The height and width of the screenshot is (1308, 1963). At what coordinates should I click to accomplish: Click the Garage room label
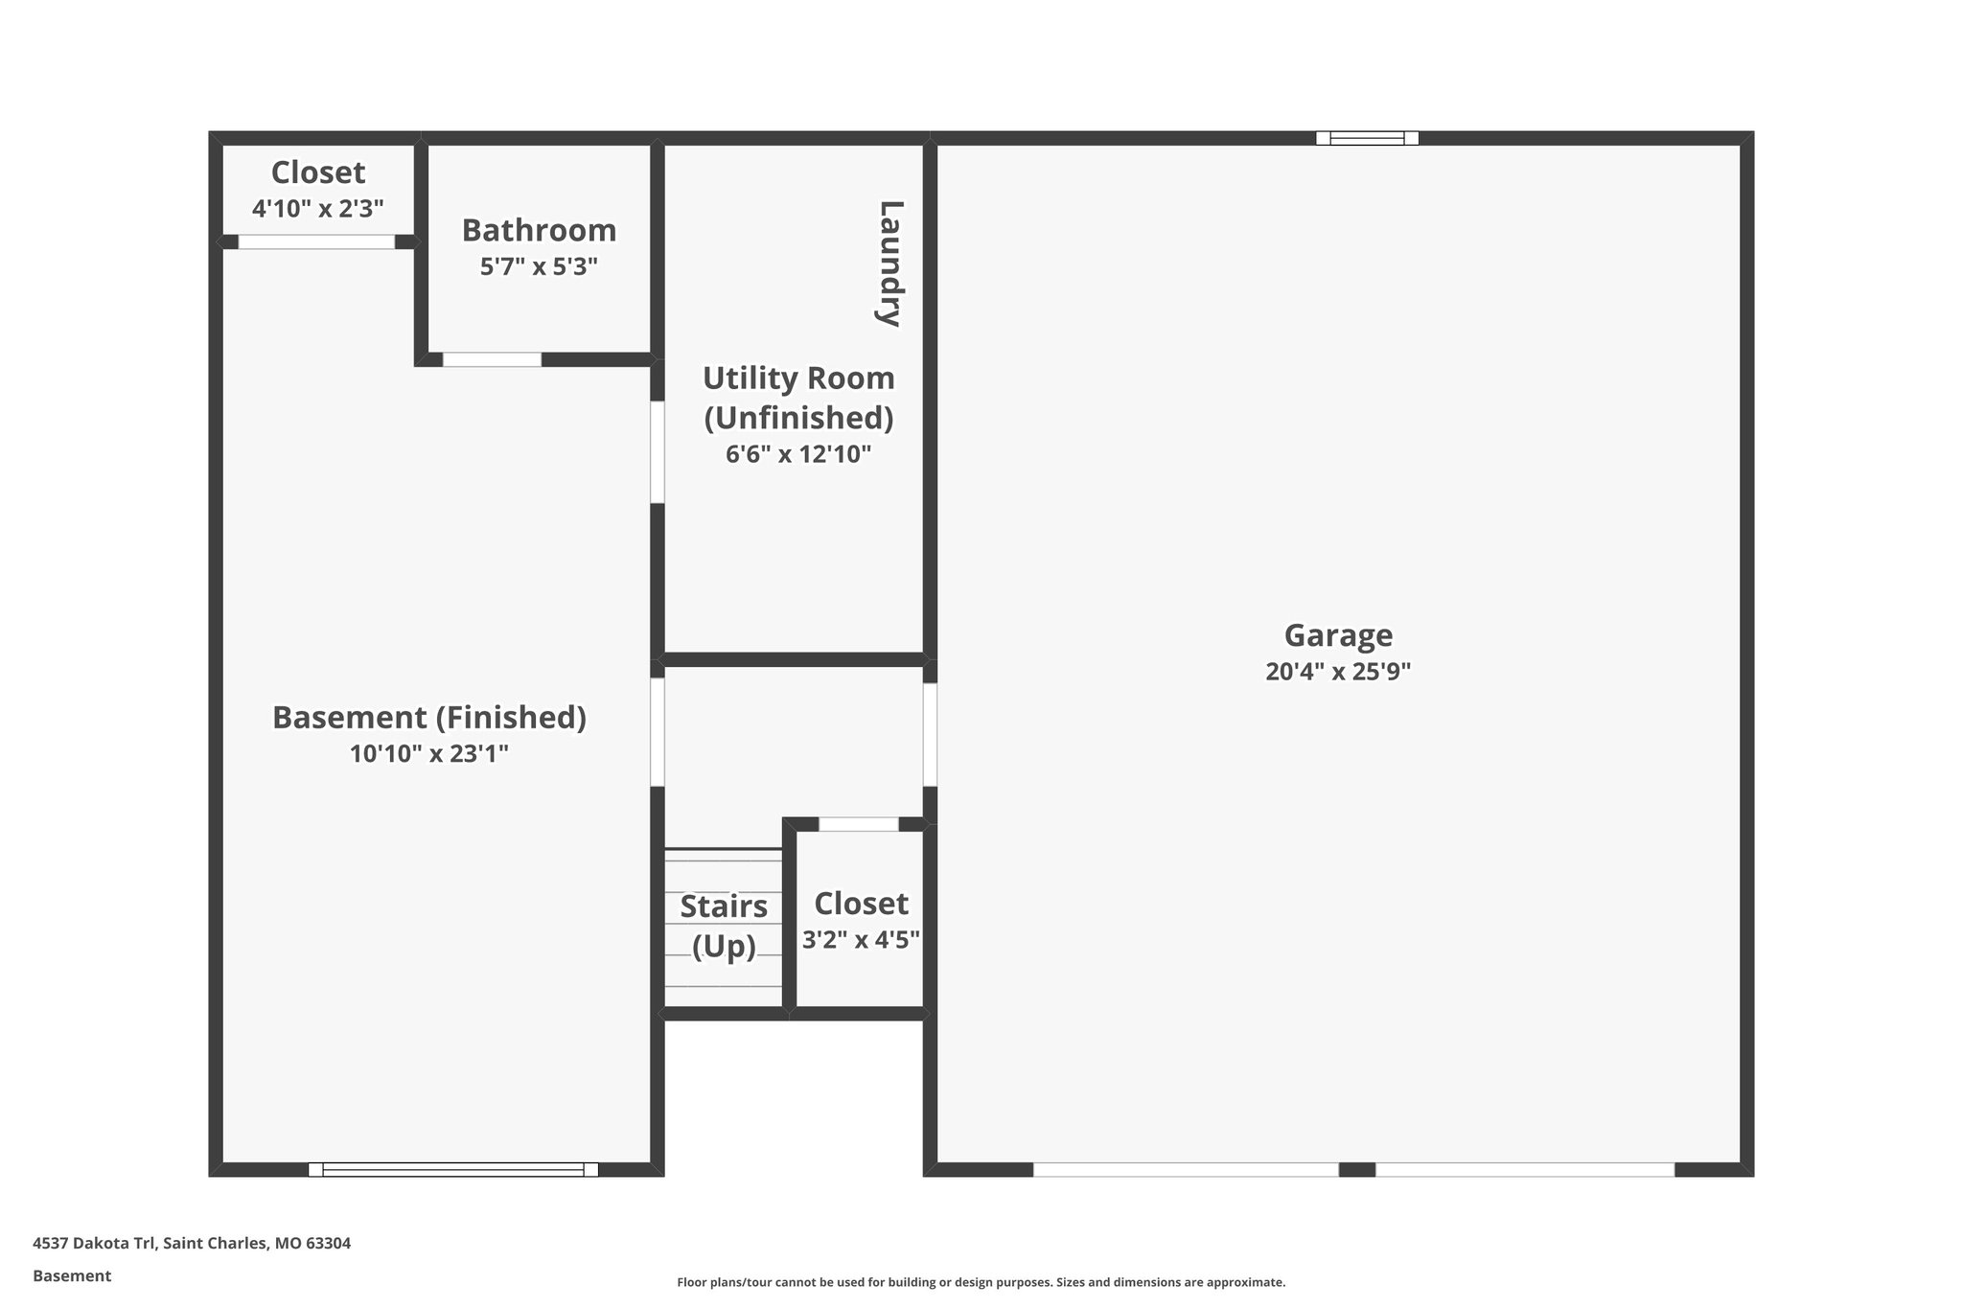point(1338,635)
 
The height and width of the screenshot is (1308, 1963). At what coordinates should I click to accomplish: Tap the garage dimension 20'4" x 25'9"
point(1338,672)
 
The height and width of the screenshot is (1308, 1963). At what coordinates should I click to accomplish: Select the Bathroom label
point(539,231)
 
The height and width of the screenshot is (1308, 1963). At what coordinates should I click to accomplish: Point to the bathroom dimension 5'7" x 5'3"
point(539,266)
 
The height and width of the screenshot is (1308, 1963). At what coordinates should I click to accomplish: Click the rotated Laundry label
point(890,264)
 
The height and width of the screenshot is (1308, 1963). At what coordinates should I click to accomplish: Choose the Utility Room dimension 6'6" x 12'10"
point(797,454)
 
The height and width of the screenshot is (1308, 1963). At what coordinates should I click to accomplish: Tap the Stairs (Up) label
point(724,926)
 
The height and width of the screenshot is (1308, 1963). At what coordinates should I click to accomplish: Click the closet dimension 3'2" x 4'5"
point(861,940)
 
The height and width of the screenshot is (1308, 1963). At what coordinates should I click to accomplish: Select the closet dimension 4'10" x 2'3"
point(318,209)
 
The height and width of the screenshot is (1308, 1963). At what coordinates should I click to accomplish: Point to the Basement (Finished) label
point(429,718)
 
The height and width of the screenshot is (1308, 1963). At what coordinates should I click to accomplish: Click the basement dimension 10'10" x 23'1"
point(429,754)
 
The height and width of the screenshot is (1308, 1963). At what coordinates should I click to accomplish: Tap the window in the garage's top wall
point(1367,138)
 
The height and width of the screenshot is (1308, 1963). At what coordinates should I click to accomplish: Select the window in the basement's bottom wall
point(453,1169)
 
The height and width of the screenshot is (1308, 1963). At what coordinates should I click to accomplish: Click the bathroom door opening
point(492,359)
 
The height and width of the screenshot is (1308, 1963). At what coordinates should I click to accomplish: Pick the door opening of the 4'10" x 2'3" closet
point(316,241)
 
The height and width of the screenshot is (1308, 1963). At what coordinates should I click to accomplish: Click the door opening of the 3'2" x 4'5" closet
point(859,824)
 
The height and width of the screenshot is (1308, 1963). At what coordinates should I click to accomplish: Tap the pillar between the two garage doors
point(1356,1169)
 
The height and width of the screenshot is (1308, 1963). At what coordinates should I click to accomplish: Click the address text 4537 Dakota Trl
point(192,1244)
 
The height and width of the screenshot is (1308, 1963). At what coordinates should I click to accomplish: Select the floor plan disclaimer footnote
point(981,1282)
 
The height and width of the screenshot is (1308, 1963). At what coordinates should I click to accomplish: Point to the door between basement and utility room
point(658,452)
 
